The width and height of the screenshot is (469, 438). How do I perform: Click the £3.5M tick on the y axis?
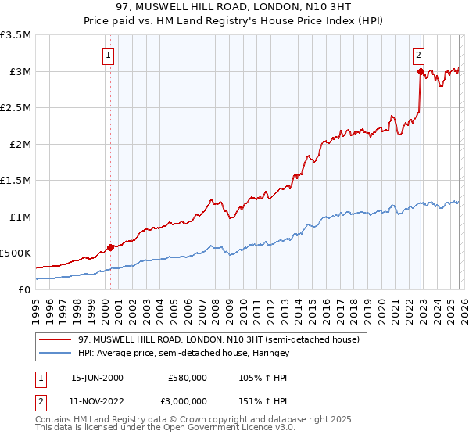click(x=16, y=35)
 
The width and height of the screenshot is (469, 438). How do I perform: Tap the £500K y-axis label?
click(x=16, y=253)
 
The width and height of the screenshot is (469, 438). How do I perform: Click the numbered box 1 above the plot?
click(x=107, y=55)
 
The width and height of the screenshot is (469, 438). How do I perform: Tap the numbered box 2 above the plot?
click(x=419, y=55)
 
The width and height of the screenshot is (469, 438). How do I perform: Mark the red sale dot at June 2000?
click(x=110, y=247)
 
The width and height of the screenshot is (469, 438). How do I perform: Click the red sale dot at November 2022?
click(x=421, y=72)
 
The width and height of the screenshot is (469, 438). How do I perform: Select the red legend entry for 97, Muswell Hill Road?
click(x=218, y=339)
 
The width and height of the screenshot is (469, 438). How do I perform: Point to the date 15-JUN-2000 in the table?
click(x=97, y=378)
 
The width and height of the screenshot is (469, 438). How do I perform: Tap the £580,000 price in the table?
click(x=188, y=378)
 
